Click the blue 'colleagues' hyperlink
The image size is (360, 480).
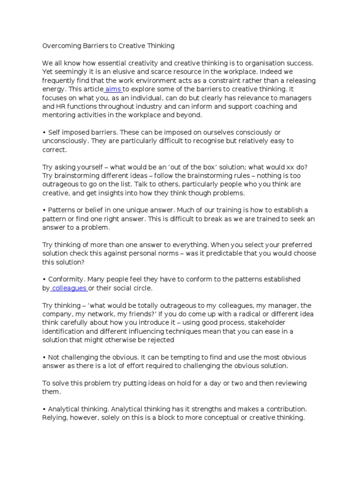point(69,288)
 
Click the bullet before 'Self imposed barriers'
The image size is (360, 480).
point(44,133)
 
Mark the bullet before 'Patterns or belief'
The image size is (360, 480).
point(44,210)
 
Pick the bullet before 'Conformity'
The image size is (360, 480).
point(44,279)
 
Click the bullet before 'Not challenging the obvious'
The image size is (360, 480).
point(44,357)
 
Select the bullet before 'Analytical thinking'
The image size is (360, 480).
point(44,409)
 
